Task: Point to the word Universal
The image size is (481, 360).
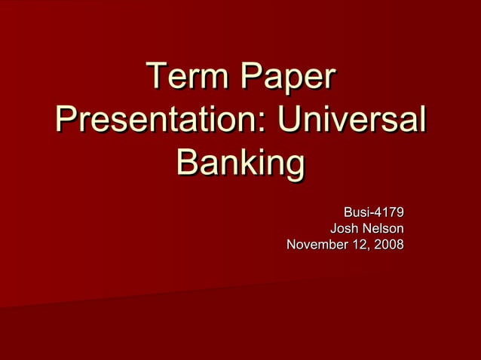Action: click(x=351, y=121)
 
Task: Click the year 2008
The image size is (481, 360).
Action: click(x=388, y=245)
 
